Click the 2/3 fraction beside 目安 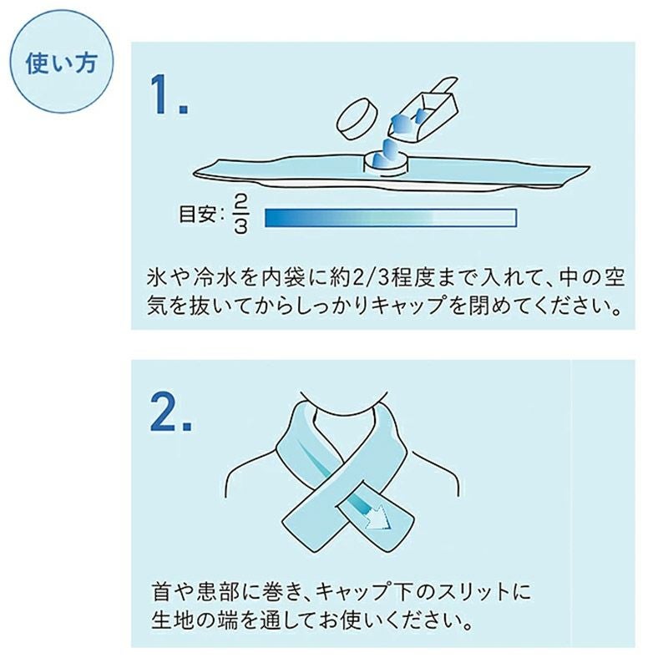pyautogui.click(x=240, y=216)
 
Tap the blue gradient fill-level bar pyautogui.click(x=390, y=217)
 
